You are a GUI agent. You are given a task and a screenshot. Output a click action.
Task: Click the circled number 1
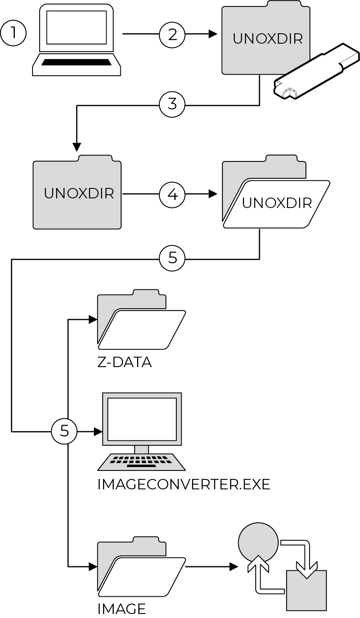click(x=13, y=33)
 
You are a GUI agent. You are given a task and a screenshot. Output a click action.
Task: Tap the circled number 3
click(x=172, y=105)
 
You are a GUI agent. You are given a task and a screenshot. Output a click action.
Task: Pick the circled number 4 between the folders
click(x=172, y=195)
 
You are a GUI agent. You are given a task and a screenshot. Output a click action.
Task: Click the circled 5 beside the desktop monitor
click(x=64, y=431)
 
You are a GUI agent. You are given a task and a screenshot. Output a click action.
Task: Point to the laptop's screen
click(x=76, y=27)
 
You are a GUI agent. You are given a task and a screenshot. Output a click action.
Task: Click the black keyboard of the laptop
click(x=76, y=62)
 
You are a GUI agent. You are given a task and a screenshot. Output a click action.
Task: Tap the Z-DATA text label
click(x=125, y=363)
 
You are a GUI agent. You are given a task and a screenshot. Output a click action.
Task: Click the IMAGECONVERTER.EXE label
click(x=184, y=485)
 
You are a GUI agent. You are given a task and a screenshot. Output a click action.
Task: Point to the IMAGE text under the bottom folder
click(x=121, y=609)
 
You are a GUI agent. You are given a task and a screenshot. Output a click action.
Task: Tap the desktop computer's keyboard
click(x=142, y=462)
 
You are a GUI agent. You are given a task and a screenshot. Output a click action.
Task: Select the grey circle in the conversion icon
click(x=258, y=542)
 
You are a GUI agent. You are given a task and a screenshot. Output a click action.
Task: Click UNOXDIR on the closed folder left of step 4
click(x=79, y=194)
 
